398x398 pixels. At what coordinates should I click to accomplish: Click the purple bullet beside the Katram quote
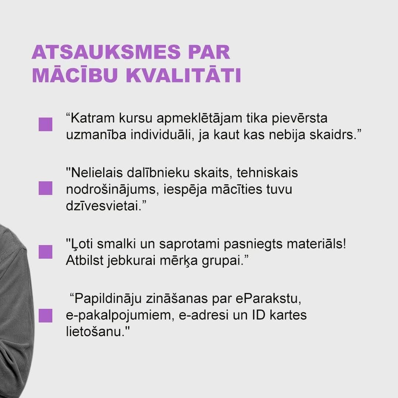(45, 125)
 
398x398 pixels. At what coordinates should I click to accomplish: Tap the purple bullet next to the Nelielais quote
(45, 188)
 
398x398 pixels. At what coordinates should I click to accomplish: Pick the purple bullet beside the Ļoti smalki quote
(45, 252)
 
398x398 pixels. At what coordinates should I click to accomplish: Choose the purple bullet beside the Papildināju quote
(45, 315)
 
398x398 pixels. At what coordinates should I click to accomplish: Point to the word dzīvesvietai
(104, 206)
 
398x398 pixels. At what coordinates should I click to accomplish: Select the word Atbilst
(84, 261)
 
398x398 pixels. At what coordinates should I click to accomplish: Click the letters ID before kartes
(259, 315)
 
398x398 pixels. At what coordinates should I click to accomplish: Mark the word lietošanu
(96, 332)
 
